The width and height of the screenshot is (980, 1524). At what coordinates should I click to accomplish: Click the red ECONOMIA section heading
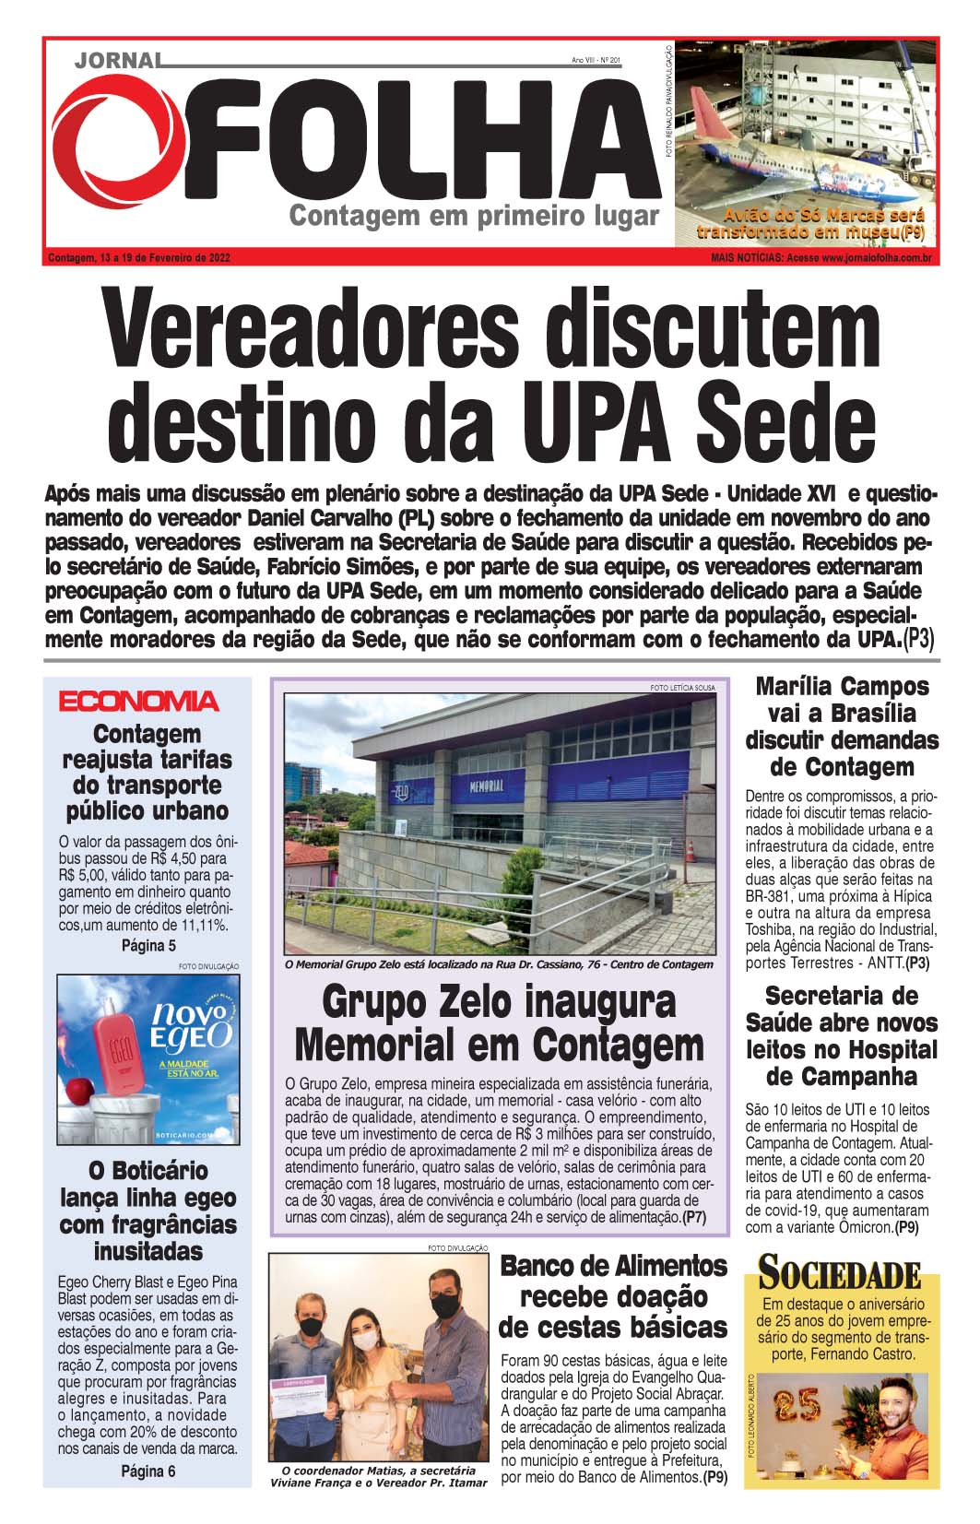tap(139, 702)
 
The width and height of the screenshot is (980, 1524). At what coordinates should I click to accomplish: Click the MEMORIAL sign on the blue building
tap(486, 786)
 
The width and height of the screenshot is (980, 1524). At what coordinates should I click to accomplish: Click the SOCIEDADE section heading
tap(839, 1275)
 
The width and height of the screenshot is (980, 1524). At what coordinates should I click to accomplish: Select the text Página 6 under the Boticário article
tap(148, 1471)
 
